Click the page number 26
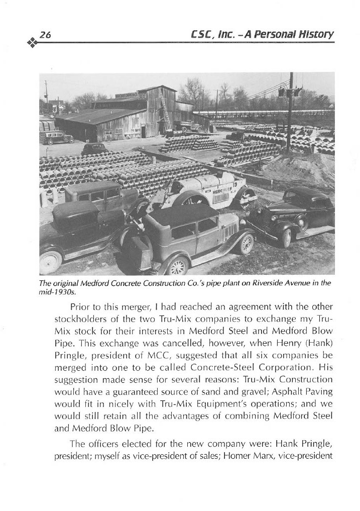(46, 35)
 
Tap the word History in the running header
(317, 34)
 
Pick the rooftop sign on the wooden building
(131, 95)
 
